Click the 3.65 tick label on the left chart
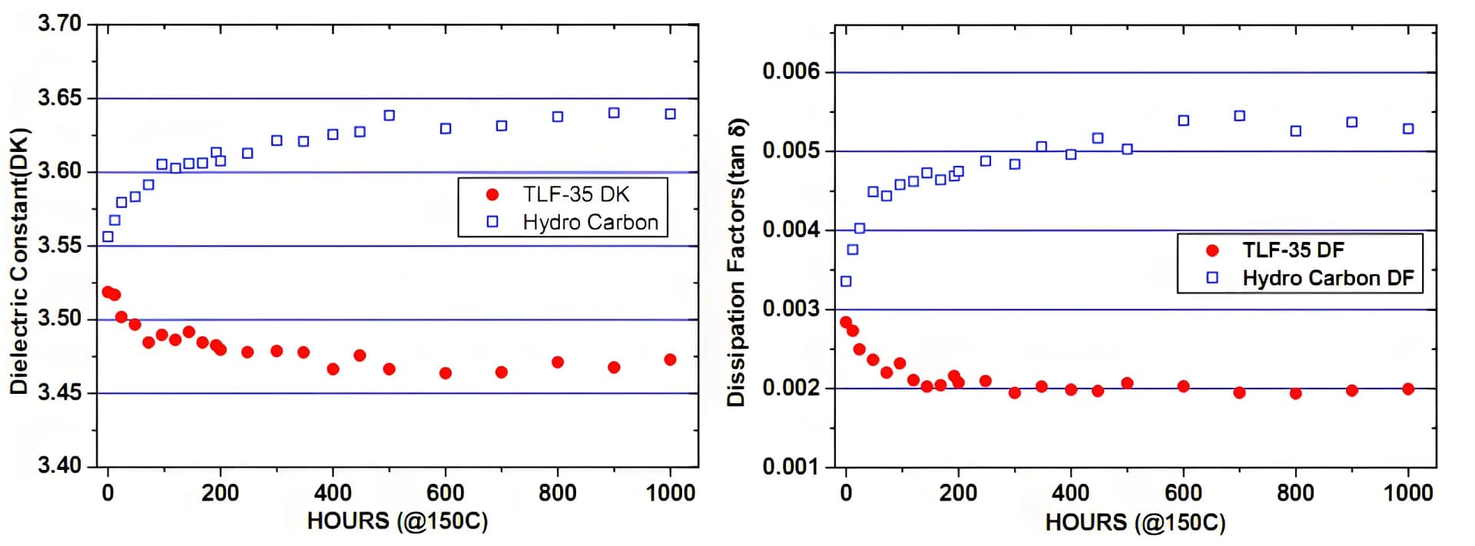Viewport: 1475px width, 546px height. [59, 98]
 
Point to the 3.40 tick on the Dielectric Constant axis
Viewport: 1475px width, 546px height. [59, 465]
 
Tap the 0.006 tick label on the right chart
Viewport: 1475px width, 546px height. [791, 71]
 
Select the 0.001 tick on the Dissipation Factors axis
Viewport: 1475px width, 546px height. [791, 466]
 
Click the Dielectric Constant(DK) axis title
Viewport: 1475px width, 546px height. [19, 261]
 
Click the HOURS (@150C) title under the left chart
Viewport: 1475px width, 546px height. [397, 521]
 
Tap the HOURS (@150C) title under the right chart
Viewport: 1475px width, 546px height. [1135, 523]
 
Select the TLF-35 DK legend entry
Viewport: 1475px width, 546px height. [576, 194]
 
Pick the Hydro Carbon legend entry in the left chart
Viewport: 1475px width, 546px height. [590, 222]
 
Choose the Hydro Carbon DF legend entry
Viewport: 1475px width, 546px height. [1327, 278]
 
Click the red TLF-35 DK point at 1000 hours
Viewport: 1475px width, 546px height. [670, 359]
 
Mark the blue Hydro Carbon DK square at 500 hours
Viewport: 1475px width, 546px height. [389, 115]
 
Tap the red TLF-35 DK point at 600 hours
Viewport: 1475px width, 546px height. [446, 373]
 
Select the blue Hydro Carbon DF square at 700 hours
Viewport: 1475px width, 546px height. [1239, 116]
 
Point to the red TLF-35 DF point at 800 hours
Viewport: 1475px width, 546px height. [1295, 393]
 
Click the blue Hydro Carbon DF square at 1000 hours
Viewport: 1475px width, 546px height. [1408, 129]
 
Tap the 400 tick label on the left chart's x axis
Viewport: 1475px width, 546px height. [333, 492]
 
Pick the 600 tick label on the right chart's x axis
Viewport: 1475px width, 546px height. [1183, 492]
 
